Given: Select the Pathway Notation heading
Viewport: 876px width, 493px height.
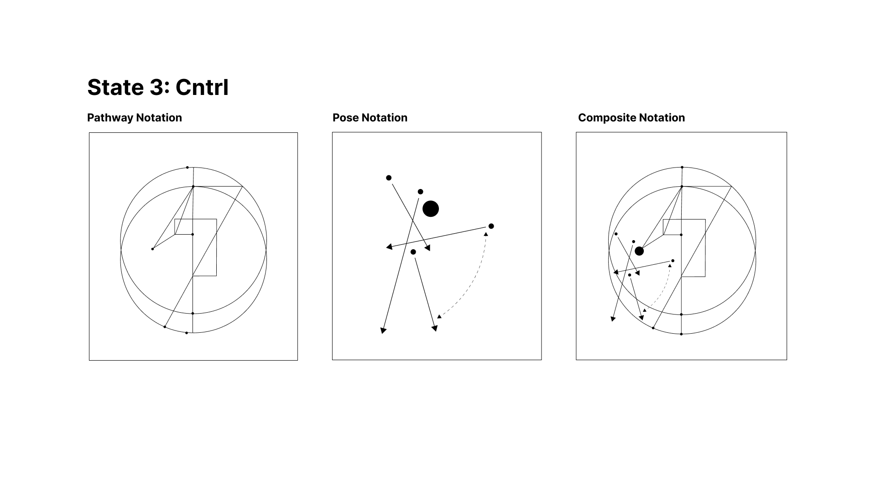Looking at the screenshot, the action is coord(134,117).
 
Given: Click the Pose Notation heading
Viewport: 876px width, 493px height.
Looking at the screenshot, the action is coord(370,117).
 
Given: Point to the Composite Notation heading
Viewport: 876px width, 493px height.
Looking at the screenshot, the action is coord(631,117).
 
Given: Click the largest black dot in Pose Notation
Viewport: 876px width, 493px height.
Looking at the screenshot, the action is coord(430,209).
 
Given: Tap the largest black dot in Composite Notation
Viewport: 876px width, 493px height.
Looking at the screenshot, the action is coord(639,251).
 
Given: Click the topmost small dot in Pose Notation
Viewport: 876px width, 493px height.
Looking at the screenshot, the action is coord(389,178).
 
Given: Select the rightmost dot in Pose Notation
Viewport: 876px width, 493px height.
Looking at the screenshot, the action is coord(491,226).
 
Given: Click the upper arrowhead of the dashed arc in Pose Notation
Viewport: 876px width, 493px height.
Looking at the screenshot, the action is coord(486,234).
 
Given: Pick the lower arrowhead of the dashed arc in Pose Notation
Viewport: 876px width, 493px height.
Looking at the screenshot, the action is coord(439,316).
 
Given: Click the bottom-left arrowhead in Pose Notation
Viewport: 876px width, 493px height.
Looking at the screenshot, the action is coord(383,330).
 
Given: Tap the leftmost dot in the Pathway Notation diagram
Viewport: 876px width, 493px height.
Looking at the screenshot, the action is coord(152,249).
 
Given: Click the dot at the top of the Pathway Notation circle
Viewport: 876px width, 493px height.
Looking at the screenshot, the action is coord(187,168).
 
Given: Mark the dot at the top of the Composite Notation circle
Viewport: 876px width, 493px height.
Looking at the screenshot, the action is coord(682,168).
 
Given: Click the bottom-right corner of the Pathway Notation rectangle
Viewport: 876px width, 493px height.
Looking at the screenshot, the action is coord(216,276).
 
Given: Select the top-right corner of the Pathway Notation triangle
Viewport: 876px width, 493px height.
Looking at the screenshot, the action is coord(242,186).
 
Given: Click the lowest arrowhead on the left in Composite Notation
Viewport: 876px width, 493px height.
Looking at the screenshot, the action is coord(613,319).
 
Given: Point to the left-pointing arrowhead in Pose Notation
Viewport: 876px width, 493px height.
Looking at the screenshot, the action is coord(389,247).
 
